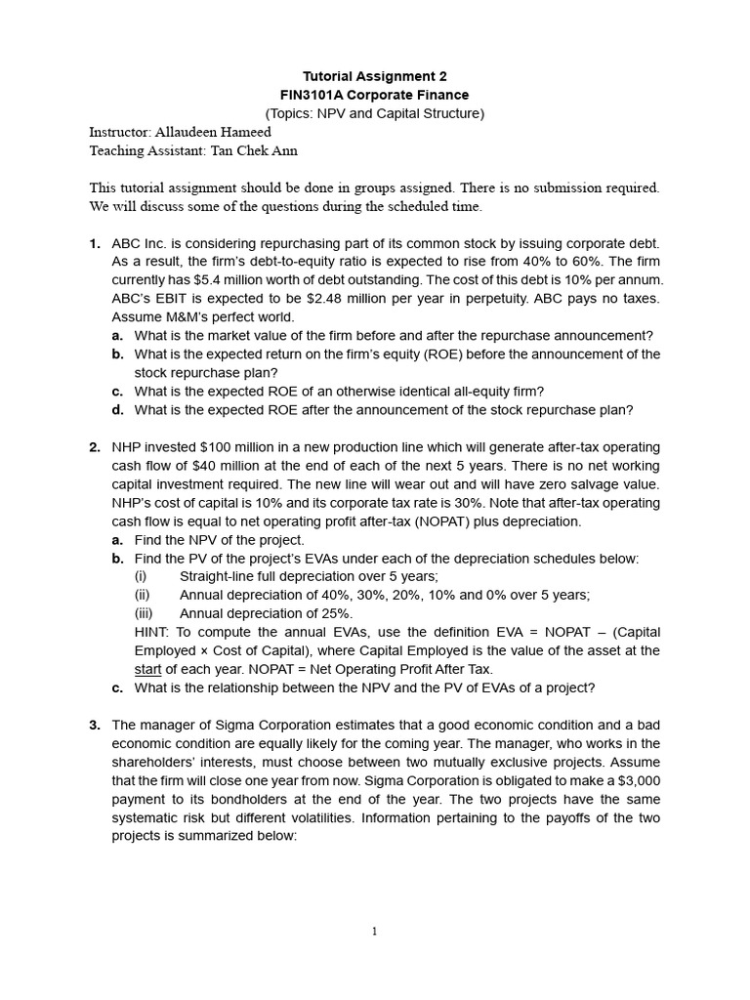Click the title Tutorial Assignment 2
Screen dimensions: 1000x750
tap(376, 76)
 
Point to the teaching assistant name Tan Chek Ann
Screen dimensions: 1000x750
tap(255, 150)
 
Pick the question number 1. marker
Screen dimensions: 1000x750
tap(95, 242)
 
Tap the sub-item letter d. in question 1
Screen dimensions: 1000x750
tap(118, 410)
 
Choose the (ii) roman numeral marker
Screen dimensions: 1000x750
tap(143, 595)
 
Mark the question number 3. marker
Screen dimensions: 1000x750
tap(95, 725)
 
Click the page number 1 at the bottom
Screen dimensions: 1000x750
tap(374, 932)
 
